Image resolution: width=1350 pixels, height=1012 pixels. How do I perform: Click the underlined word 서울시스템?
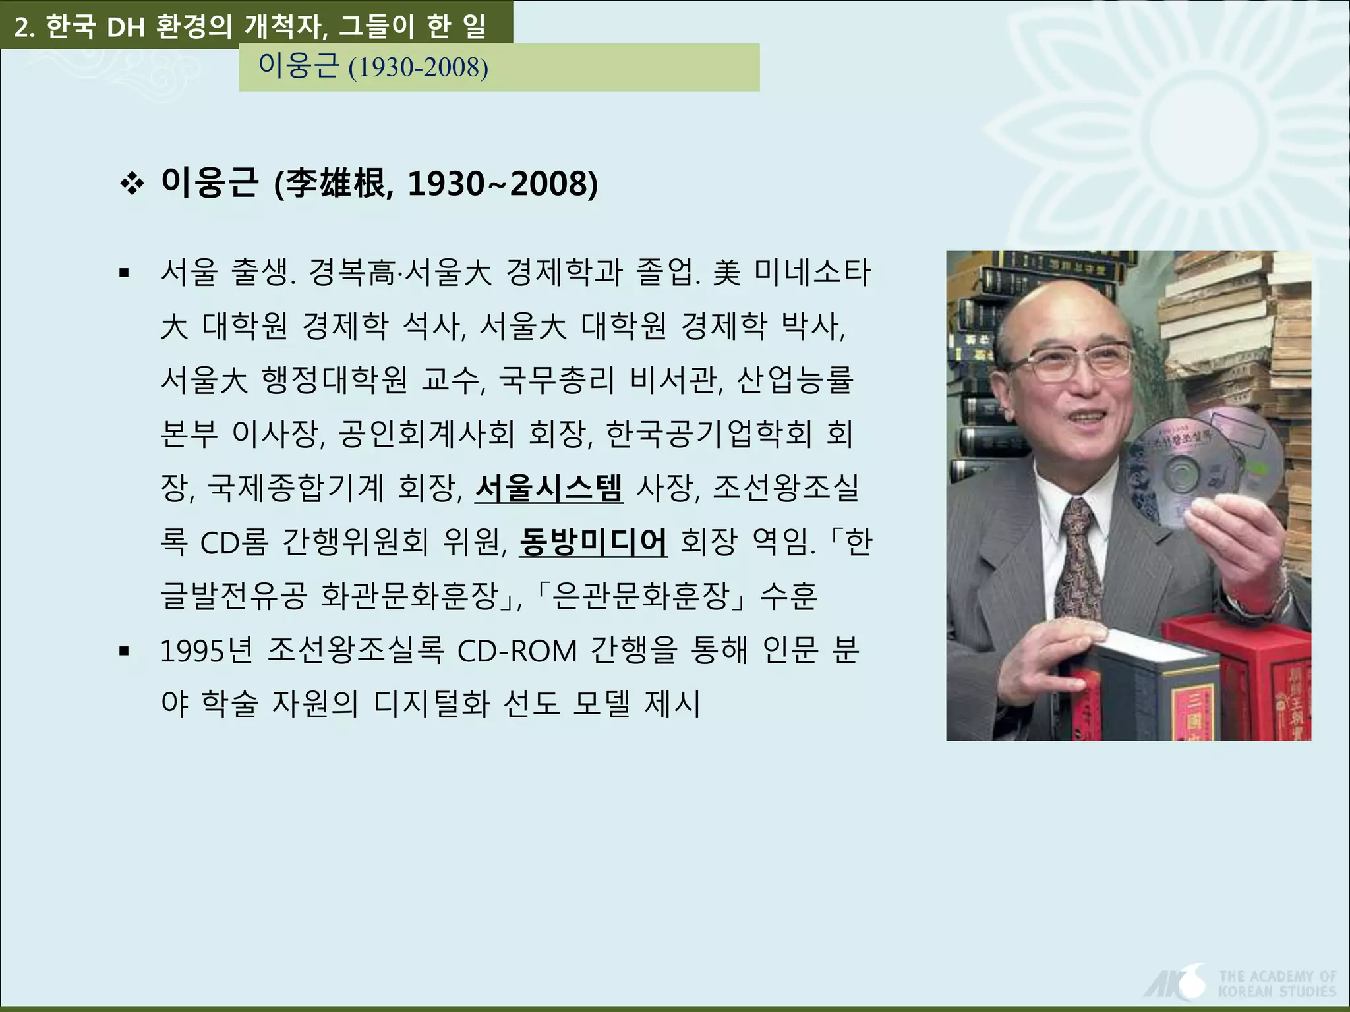click(x=548, y=488)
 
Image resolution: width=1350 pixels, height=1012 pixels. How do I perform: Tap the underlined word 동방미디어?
click(x=593, y=542)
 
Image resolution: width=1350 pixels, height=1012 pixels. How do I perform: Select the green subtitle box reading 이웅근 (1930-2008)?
click(x=498, y=67)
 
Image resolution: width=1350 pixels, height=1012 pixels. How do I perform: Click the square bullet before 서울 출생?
click(x=123, y=273)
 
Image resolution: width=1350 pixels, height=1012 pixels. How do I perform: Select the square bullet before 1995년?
click(x=123, y=652)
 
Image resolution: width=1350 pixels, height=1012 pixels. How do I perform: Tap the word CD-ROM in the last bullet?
click(x=517, y=652)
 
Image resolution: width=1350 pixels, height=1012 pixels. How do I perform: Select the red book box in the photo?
click(x=1246, y=679)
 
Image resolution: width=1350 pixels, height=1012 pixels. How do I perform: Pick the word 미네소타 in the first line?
click(x=812, y=273)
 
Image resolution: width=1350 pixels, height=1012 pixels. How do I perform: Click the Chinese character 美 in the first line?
click(x=726, y=273)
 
